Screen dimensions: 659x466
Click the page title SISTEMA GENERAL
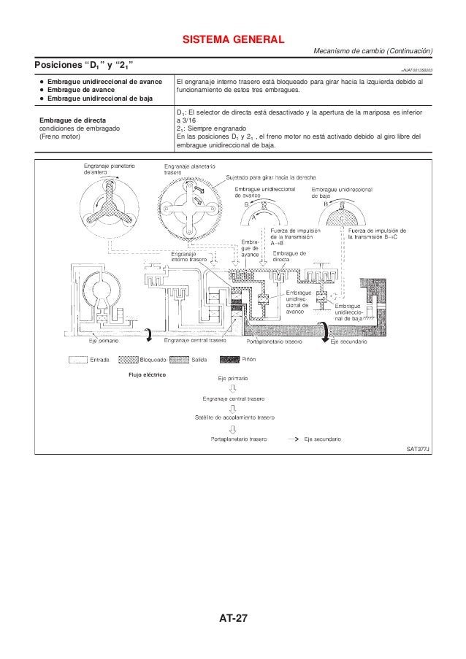coord(233,38)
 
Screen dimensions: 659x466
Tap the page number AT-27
coord(233,619)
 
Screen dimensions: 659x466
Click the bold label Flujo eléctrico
coord(145,375)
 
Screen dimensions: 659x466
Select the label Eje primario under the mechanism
coord(103,341)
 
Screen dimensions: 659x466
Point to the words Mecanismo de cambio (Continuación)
coord(373,50)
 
